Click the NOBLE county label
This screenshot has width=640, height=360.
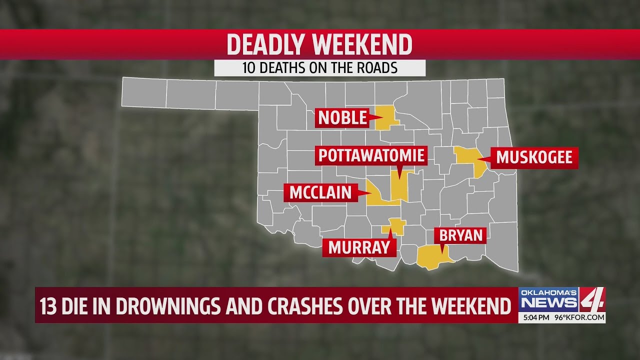[342, 118]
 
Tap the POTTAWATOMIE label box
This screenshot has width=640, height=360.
[371, 156]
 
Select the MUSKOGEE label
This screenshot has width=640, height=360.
[534, 158]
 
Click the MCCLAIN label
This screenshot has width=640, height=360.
[320, 192]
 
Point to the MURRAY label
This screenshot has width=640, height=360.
[358, 247]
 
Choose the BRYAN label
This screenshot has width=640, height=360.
[460, 235]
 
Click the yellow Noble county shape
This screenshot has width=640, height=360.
[386, 117]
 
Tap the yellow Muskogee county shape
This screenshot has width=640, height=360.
[469, 159]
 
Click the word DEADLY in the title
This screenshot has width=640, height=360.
[265, 45]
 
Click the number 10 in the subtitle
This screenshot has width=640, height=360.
[249, 68]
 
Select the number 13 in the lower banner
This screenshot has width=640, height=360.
[48, 306]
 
